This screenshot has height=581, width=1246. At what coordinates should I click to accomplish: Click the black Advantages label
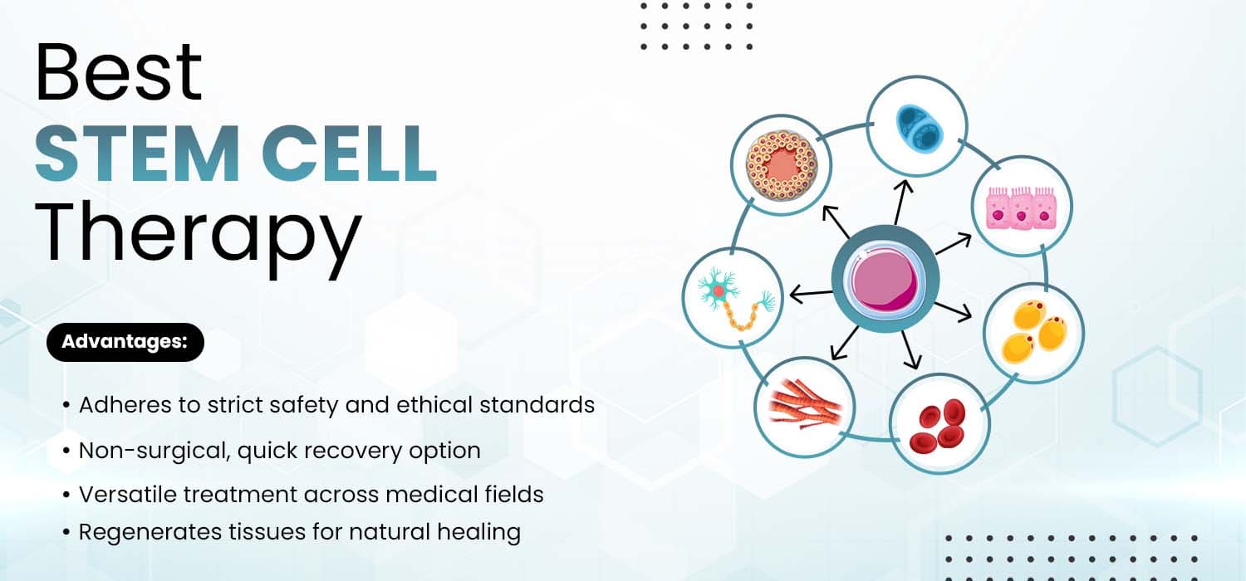(x=125, y=342)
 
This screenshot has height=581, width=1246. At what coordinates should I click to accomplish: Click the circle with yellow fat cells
(x=1033, y=334)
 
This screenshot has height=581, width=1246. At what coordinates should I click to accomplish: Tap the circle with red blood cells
(x=939, y=423)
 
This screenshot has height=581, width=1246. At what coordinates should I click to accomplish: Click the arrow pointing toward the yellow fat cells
(x=954, y=310)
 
